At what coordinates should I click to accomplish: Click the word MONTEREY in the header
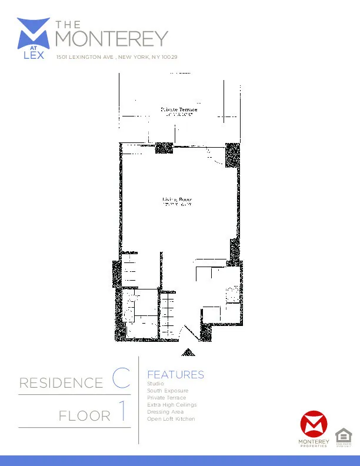111,38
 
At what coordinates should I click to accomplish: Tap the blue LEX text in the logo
34,56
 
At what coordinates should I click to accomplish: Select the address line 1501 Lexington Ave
116,57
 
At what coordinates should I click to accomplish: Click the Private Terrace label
179,110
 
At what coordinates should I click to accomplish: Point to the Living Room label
177,201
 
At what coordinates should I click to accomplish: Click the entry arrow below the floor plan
188,352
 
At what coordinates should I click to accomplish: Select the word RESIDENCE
61,384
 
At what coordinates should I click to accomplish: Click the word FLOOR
85,417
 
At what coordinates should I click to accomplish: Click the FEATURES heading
175,375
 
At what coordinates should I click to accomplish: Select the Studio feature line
156,384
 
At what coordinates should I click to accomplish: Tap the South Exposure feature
168,391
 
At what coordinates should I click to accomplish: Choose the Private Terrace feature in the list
166,398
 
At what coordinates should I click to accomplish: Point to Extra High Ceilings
172,405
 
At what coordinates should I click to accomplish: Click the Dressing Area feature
166,412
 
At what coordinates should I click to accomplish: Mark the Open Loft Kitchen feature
171,419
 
